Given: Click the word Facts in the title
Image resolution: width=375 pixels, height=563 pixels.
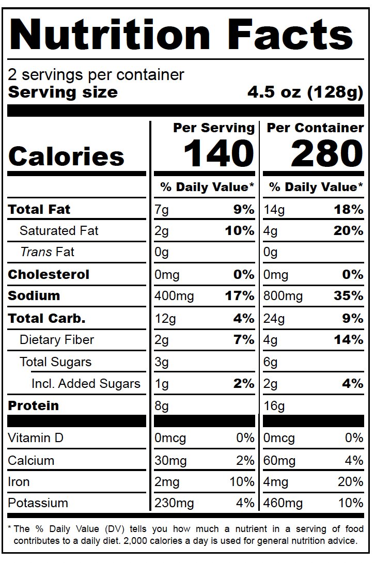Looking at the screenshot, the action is pyautogui.click(x=290, y=35).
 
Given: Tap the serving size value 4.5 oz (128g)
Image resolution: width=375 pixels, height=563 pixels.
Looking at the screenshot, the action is pyautogui.click(x=305, y=92).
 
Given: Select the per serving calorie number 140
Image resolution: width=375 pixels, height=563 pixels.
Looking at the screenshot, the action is pyautogui.click(x=219, y=154).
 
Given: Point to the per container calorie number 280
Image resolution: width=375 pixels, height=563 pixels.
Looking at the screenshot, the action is pyautogui.click(x=327, y=154).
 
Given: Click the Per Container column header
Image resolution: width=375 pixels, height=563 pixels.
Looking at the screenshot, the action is pyautogui.click(x=315, y=128).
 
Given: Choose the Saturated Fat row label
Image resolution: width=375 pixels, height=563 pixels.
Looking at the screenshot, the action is pyautogui.click(x=59, y=230).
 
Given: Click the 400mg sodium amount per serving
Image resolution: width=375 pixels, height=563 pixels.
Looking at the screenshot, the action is pyautogui.click(x=174, y=296).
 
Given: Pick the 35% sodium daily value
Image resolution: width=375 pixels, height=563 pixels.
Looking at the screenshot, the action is pyautogui.click(x=349, y=296).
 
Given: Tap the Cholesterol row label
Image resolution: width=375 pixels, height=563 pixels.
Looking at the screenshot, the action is pyautogui.click(x=49, y=274).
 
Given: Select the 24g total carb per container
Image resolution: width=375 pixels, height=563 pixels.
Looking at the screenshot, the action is pyautogui.click(x=274, y=319).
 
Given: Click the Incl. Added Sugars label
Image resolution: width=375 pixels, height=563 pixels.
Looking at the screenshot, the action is pyautogui.click(x=86, y=384).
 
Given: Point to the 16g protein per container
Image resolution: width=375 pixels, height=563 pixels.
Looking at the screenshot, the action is pyautogui.click(x=274, y=406).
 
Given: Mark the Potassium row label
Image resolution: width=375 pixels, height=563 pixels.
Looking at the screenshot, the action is pyautogui.click(x=38, y=503).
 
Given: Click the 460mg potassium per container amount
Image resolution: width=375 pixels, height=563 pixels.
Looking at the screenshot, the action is pyautogui.click(x=283, y=504).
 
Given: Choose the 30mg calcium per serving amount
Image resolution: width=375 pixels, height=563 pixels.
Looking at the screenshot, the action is pyautogui.click(x=170, y=461).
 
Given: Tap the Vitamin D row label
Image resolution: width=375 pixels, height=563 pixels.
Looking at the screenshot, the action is pyautogui.click(x=36, y=438).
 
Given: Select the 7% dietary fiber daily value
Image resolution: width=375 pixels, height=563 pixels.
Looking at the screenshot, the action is pyautogui.click(x=244, y=340).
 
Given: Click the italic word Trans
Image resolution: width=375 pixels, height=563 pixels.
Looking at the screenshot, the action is pyautogui.click(x=36, y=252).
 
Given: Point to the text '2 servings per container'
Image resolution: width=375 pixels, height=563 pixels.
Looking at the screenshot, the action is pyautogui.click(x=96, y=75).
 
